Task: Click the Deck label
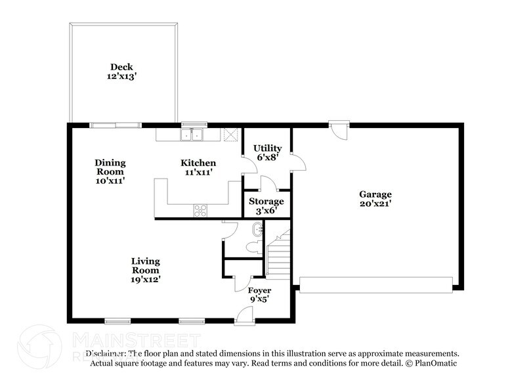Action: tap(123, 66)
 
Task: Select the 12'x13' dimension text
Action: tap(123, 76)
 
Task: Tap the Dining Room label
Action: tap(110, 167)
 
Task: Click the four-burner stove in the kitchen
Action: tap(201, 211)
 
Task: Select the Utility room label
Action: tap(268, 148)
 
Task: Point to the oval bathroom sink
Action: tap(257, 229)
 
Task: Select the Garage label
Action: tap(375, 194)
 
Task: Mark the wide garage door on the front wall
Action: tap(375, 284)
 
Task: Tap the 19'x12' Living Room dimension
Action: tap(145, 279)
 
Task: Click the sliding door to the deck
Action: tap(115, 123)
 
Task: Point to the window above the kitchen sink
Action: tap(194, 123)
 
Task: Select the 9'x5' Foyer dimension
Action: tap(259, 299)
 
